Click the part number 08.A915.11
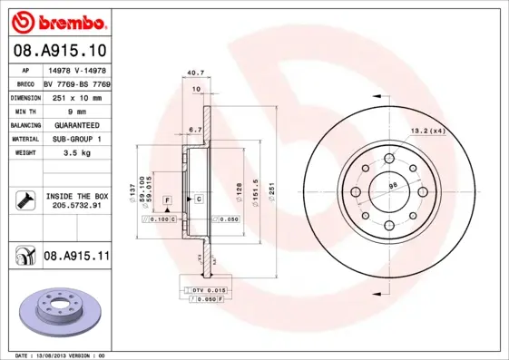(76, 257)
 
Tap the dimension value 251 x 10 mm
(75, 96)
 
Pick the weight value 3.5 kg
(76, 154)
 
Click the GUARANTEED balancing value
(76, 125)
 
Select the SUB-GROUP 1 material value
(76, 140)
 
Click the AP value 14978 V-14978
(76, 68)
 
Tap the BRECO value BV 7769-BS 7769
(76, 82)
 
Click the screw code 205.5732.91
(76, 207)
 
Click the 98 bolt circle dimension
(393, 187)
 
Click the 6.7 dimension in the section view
(193, 130)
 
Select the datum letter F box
(167, 199)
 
